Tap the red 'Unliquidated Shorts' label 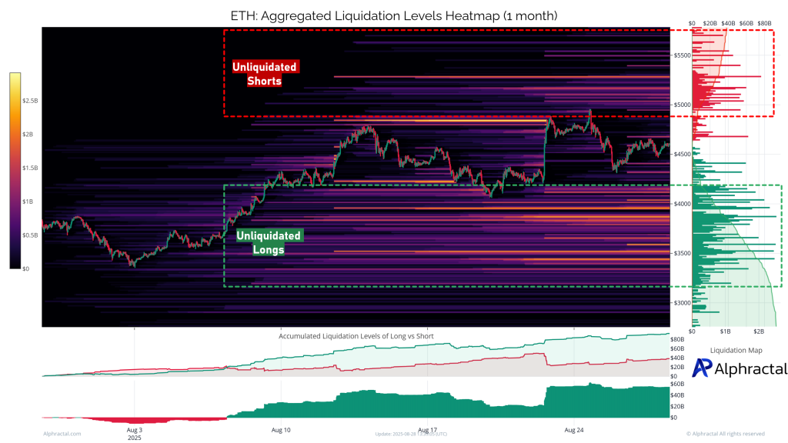pos(264,74)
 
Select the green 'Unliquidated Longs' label pos(269,242)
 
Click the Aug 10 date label pos(282,429)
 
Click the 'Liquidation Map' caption pos(736,350)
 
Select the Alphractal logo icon pos(702,368)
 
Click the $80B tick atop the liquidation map pos(764,24)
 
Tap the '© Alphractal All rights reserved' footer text pos(725,434)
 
